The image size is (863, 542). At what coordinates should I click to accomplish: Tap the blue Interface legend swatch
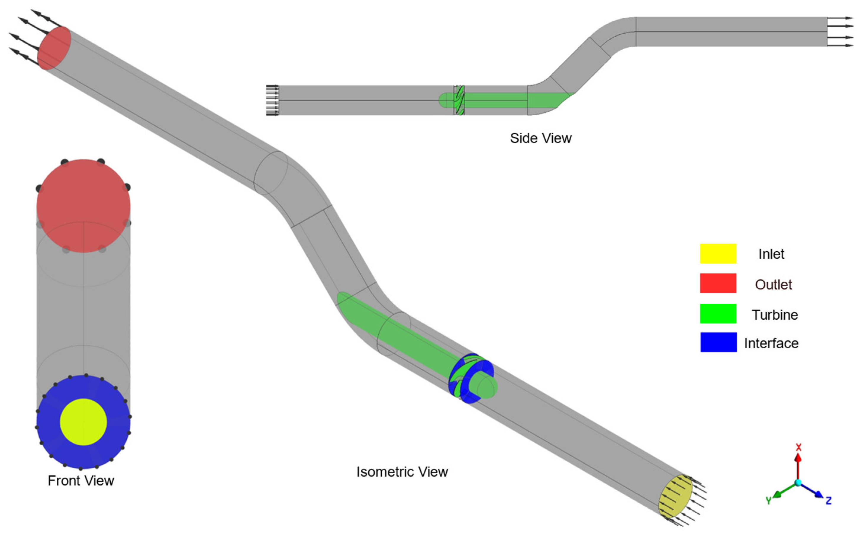coord(718,342)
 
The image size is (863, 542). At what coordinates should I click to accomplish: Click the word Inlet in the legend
coord(771,254)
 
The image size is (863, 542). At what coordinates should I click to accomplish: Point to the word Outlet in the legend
coord(773,284)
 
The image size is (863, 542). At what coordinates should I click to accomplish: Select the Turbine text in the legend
coord(775,315)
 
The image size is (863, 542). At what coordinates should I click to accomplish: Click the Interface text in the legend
coord(771,343)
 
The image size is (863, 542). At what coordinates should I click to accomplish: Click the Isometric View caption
coord(402,472)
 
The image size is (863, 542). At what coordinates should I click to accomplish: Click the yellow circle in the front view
coord(83,422)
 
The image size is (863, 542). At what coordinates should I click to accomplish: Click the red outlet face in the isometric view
coord(54,48)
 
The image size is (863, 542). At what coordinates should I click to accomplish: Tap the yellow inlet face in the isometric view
coord(675,496)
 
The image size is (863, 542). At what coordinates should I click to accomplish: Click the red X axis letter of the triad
coord(798,447)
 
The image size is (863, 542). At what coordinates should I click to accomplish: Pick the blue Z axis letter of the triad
coord(828,500)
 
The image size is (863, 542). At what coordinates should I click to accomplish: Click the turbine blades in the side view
coord(459,100)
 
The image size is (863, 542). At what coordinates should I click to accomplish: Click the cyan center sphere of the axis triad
coord(798,483)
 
